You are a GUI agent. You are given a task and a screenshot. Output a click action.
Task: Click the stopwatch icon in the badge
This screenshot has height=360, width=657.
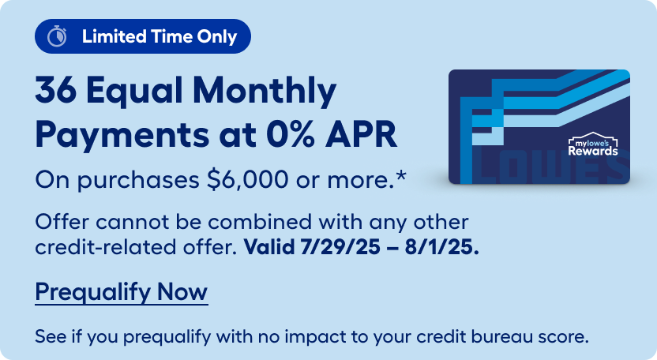tap(57, 36)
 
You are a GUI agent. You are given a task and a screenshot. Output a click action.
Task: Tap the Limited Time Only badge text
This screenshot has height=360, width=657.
tap(160, 36)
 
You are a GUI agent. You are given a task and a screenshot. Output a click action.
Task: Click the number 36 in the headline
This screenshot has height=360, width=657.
tap(56, 91)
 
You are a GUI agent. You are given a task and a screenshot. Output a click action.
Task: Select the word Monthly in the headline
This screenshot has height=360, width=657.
tap(265, 92)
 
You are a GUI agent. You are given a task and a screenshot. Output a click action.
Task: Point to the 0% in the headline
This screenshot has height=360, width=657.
tap(290, 134)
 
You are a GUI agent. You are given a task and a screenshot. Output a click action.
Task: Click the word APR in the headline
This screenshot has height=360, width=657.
tap(361, 134)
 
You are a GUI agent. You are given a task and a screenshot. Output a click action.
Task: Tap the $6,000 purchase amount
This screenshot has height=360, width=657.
tap(248, 180)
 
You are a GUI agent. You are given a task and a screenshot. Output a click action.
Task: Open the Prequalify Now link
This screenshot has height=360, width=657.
tap(122, 292)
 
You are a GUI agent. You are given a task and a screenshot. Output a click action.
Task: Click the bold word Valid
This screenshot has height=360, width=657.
tap(269, 246)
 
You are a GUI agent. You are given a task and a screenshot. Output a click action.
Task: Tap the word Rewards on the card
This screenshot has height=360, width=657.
tap(593, 151)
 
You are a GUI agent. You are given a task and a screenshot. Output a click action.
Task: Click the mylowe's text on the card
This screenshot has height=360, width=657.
tap(591, 144)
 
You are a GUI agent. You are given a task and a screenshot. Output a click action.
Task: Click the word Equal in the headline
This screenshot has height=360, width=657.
tap(135, 92)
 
